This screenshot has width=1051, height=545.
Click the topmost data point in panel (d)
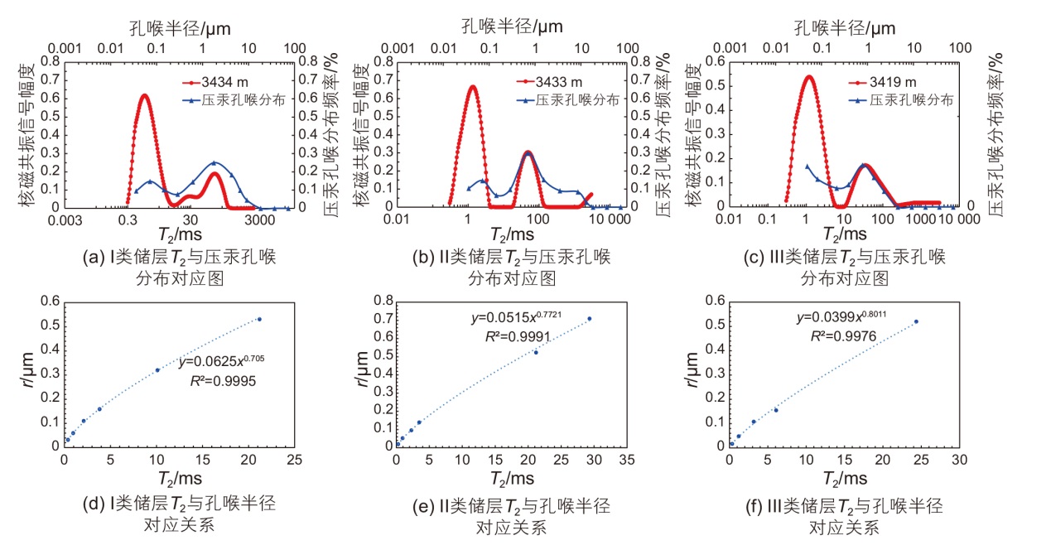pos(259,319)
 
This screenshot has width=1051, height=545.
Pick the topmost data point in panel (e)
pos(590,319)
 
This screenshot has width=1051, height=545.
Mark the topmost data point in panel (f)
pos(916,321)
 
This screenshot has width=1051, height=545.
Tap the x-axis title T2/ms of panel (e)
pos(511,480)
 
